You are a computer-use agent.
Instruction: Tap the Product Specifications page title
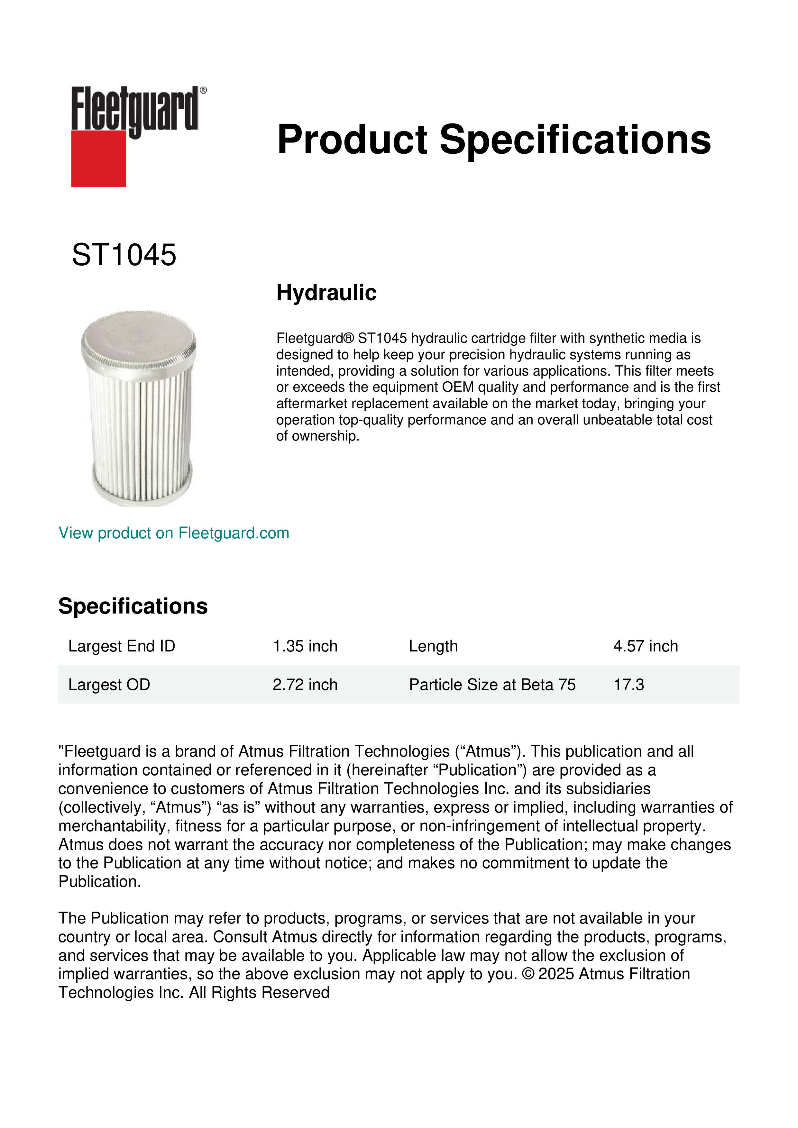click(x=494, y=140)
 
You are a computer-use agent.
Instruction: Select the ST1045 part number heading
click(x=124, y=255)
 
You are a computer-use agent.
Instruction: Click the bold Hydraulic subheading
click(x=326, y=293)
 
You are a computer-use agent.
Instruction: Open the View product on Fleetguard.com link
click(x=174, y=533)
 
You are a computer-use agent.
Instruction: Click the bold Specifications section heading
click(x=133, y=606)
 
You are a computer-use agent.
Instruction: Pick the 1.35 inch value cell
click(x=305, y=646)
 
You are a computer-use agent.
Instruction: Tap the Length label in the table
click(x=433, y=646)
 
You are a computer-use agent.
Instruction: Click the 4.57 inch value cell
click(x=645, y=646)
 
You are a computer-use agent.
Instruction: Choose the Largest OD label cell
click(x=109, y=684)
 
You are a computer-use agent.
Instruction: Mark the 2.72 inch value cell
click(x=305, y=684)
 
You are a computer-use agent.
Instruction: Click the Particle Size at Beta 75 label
click(x=492, y=684)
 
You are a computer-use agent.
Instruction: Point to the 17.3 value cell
click(x=628, y=684)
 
